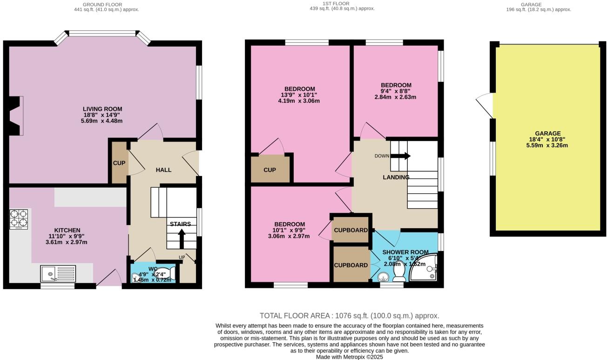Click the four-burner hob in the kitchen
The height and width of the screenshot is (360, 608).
click(x=20, y=219)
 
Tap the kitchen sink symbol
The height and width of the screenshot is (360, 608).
click(x=58, y=274)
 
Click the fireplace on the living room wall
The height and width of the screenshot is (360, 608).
click(x=17, y=116)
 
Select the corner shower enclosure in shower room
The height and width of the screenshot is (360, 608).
click(x=426, y=269)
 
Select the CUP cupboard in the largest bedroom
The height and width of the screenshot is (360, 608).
click(x=270, y=170)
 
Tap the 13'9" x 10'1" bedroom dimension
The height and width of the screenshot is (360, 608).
click(x=299, y=95)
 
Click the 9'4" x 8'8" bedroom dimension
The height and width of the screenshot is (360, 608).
click(x=396, y=91)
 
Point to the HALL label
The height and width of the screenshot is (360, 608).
click(x=163, y=170)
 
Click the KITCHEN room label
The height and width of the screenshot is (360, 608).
click(x=68, y=230)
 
